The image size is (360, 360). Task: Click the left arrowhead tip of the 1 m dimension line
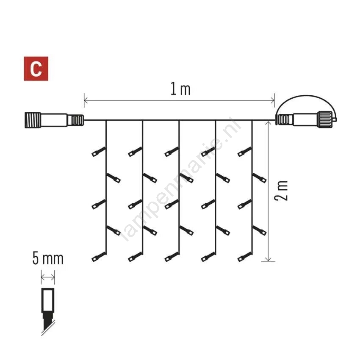click(84, 100)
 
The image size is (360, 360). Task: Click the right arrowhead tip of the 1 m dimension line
click(274, 100)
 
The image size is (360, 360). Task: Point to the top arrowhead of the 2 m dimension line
click(268, 122)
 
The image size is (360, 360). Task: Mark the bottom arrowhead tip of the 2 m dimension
click(268, 261)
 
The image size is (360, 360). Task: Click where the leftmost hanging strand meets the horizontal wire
click(106, 120)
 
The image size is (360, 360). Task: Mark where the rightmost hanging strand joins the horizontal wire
click(252, 120)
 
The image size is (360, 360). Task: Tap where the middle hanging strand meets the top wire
click(179, 120)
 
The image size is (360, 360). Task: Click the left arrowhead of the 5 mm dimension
click(42, 277)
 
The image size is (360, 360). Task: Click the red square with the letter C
click(36, 69)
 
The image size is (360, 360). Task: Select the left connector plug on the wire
click(54, 120)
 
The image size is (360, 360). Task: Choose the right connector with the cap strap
click(305, 119)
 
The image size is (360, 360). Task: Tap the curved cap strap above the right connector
click(307, 105)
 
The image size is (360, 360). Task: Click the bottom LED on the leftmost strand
click(99, 257)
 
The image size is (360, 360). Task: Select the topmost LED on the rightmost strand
click(245, 152)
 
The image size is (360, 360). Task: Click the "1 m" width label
click(180, 89)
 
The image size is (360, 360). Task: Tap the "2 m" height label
click(281, 191)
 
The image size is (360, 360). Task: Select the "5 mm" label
click(48, 258)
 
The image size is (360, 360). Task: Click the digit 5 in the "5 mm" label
click(36, 258)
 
